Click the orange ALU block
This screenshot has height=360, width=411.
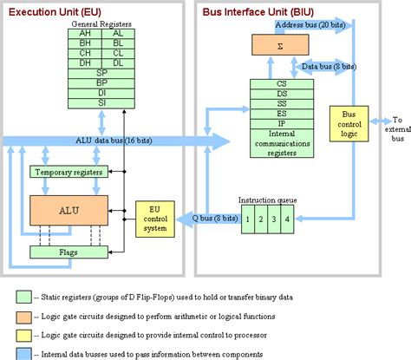[69, 210]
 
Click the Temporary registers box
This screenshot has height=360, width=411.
[69, 173]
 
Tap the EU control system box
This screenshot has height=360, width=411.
[154, 218]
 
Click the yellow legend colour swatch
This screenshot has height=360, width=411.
[23, 332]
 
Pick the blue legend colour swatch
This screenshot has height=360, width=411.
[23, 352]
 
